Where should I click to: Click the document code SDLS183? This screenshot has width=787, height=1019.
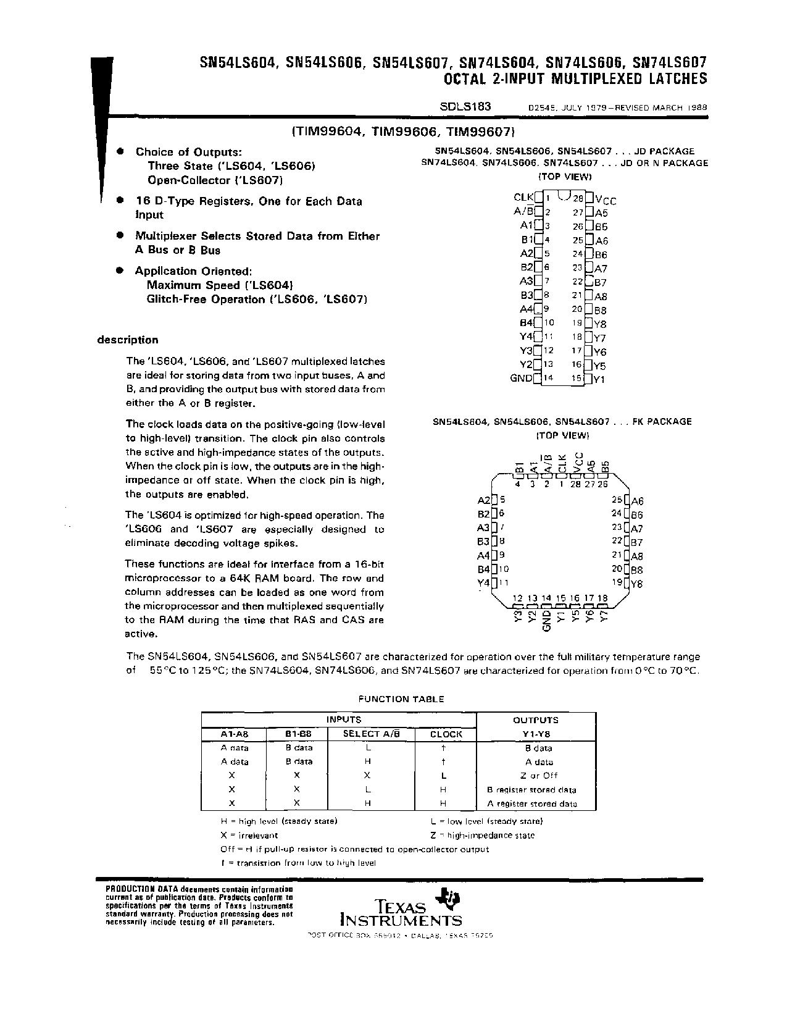[x=465, y=106]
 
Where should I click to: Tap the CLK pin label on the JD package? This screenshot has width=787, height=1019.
[x=523, y=198]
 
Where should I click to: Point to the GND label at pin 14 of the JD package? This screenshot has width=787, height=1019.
[x=521, y=378]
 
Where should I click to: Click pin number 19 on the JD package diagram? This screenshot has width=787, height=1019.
[x=577, y=323]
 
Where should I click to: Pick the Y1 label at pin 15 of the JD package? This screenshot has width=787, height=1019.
[x=599, y=379]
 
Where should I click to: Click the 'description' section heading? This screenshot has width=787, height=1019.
[x=128, y=340]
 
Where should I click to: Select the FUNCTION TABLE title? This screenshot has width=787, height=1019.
[x=401, y=699]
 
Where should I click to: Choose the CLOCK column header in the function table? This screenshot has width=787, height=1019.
[x=446, y=734]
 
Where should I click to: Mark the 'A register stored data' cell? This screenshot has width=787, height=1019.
[x=532, y=804]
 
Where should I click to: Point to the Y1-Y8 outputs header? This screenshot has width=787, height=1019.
[x=535, y=734]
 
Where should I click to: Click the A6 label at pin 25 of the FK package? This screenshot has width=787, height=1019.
[x=637, y=501]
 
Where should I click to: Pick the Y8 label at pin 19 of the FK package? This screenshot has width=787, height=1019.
[x=636, y=584]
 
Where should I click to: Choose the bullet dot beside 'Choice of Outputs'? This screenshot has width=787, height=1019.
[x=121, y=151]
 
